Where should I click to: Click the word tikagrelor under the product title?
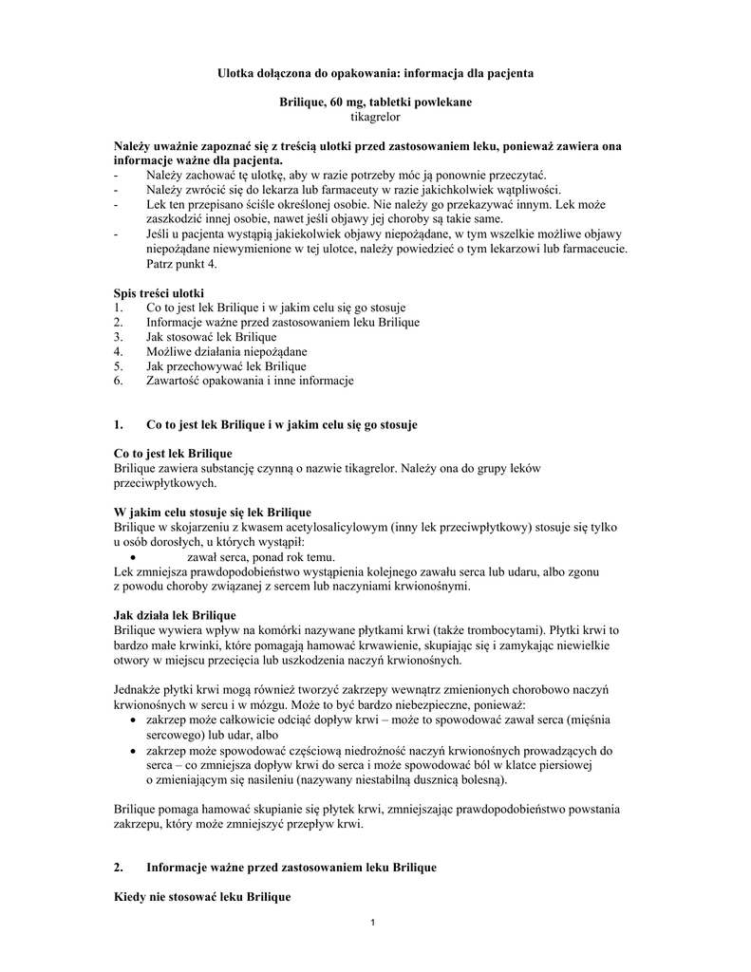click(376, 116)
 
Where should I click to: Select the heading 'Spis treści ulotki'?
click(159, 292)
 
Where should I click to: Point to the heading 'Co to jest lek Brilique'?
click(173, 453)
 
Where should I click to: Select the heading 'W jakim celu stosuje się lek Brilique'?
click(212, 512)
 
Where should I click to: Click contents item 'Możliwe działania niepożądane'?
click(226, 351)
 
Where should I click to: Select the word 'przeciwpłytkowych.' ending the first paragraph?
click(163, 483)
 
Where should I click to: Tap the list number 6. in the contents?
click(118, 381)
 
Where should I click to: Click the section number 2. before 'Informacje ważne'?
click(119, 868)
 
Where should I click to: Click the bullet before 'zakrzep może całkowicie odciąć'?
click(132, 721)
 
